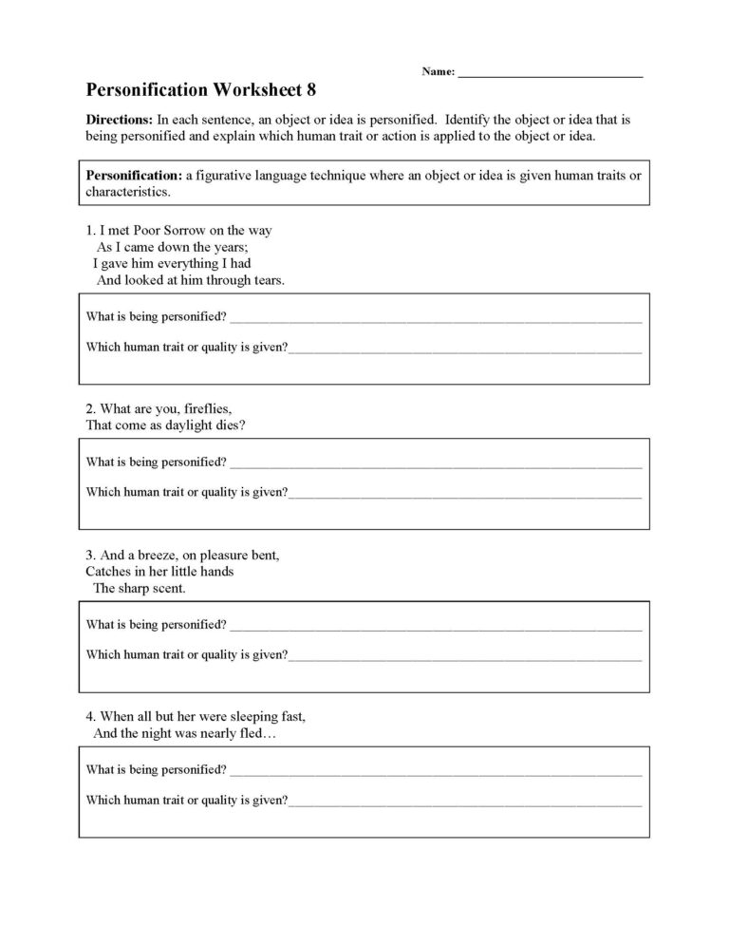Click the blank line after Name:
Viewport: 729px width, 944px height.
[x=551, y=73]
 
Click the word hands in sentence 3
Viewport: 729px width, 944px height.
[x=216, y=572]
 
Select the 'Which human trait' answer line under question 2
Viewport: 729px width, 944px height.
[x=465, y=494]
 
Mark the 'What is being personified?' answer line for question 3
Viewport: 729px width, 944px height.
[x=436, y=627]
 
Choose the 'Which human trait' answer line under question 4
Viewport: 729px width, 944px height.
[x=465, y=802]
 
